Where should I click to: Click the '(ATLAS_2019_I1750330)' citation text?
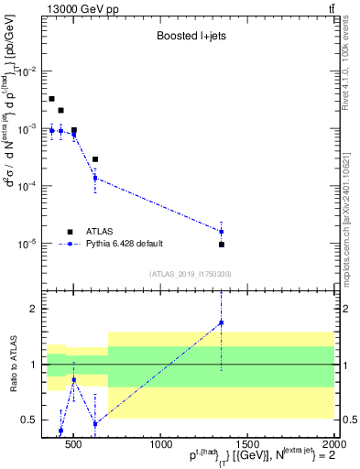(190, 274)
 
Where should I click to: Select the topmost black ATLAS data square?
(51, 99)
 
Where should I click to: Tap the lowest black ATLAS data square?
(222, 245)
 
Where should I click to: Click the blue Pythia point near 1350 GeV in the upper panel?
(221, 232)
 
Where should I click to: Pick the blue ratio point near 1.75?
(221, 322)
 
